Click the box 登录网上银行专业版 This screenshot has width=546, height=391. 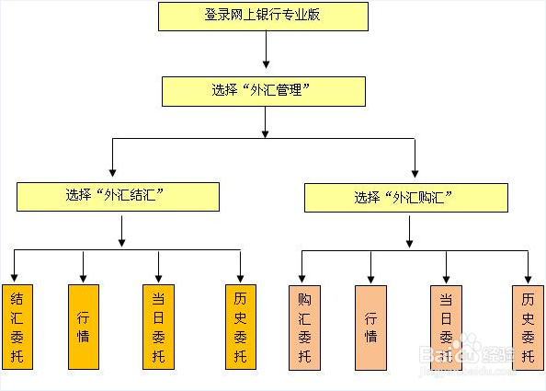pos(263,17)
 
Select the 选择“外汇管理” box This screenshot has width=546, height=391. pos(264,91)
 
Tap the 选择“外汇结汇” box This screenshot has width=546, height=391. pos(119,196)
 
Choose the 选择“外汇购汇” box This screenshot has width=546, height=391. pos(405,197)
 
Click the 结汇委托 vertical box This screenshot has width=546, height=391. pos(16,327)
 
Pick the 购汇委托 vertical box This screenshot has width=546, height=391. pos(303,327)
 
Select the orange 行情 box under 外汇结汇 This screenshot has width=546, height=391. pos(84,327)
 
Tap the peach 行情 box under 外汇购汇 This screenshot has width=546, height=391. pos(370,327)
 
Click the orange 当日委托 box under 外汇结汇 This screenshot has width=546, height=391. pos(159,327)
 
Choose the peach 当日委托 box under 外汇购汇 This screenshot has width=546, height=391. pos(446,327)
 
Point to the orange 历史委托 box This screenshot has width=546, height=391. pos(239,327)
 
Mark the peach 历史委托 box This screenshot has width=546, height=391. pos(528,327)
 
